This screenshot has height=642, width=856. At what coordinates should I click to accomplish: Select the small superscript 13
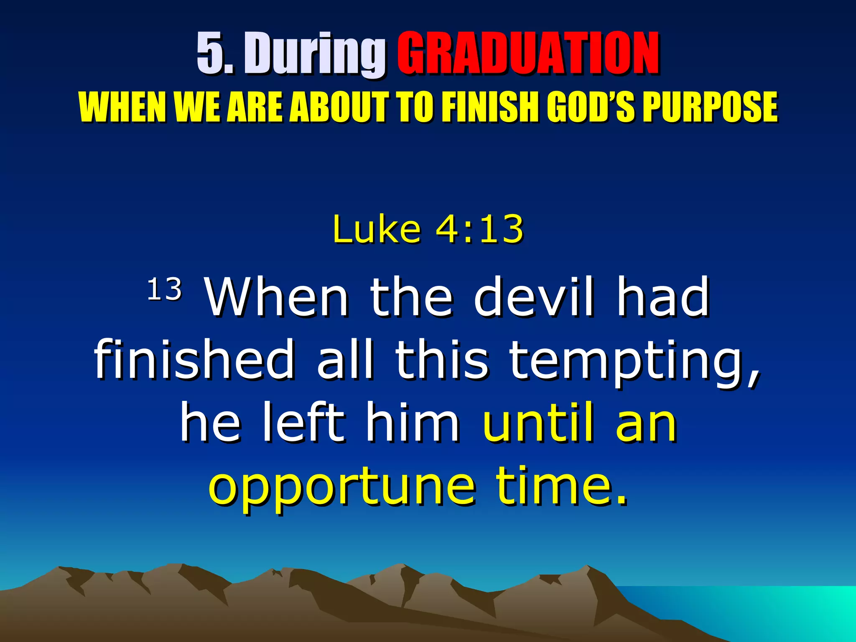coord(164,289)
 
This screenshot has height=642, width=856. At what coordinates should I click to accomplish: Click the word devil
coord(534,298)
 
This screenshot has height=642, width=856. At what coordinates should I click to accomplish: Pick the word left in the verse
coord(304,424)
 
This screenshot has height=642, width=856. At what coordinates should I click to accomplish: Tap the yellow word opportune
coord(342,487)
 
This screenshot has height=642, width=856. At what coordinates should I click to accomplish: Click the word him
coord(412,424)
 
